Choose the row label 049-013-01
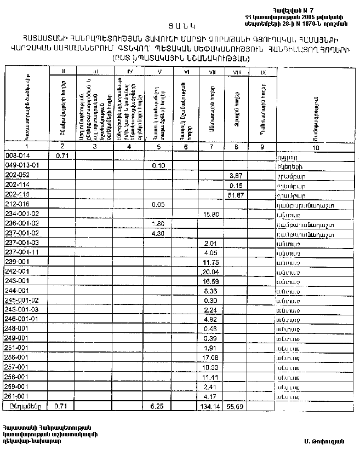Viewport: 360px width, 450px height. pyautogui.click(x=21, y=166)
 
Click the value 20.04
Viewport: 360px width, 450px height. pyautogui.click(x=210, y=272)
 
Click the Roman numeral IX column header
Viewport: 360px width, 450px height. pyautogui.click(x=264, y=72)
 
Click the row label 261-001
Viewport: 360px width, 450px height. pyautogui.click(x=16, y=395)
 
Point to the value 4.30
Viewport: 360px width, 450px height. pyautogui.click(x=158, y=233)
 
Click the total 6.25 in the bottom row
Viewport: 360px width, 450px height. pyautogui.click(x=158, y=406)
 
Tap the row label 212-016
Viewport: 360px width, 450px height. pyautogui.click(x=16, y=204)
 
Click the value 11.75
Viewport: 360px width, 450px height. pyautogui.click(x=211, y=262)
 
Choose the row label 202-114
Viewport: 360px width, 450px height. pyautogui.click(x=16, y=185)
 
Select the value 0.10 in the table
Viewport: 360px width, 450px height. pyautogui.click(x=158, y=166)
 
